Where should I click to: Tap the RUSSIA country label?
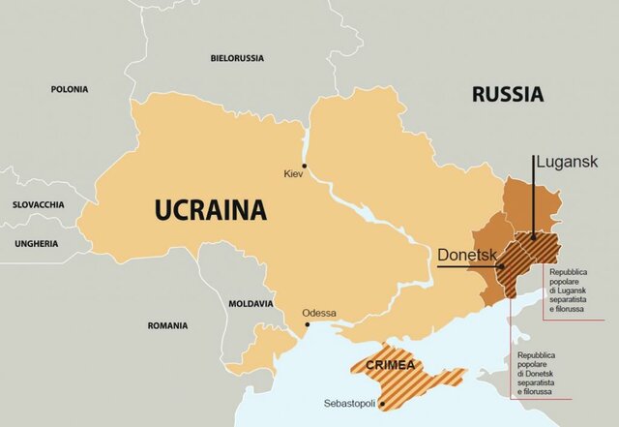[507, 94]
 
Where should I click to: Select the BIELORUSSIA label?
[236, 58]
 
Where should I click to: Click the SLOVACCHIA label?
[38, 205]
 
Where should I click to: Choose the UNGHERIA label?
[37, 243]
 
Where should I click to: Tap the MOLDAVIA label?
[251, 303]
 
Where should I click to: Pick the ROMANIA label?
[167, 325]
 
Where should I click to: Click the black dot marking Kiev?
[305, 166]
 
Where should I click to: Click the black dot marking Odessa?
[308, 325]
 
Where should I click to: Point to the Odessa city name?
[319, 313]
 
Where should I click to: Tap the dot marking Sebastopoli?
[384, 403]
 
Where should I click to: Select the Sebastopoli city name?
[349, 404]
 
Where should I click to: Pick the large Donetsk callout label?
[466, 255]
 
